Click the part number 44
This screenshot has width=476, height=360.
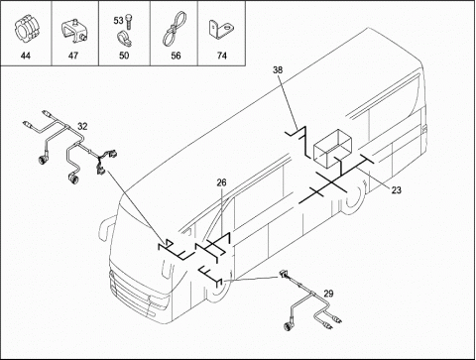pos(26,56)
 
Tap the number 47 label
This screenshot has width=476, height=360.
pos(73,56)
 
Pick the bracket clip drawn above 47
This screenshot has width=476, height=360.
pos(74,31)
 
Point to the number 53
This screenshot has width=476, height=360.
pos(118,21)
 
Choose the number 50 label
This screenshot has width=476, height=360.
pos(124,56)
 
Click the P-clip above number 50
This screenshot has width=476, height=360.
pos(125,38)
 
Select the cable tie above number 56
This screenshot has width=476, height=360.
pos(173,29)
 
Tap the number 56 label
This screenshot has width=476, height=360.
pos(176,56)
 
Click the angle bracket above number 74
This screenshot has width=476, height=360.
pos(221,30)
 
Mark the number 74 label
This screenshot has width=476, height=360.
pos(222,56)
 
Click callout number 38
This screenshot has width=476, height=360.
pos(278,69)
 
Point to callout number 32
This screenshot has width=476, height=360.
pos(82,126)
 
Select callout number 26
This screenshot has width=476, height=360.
pos(222,182)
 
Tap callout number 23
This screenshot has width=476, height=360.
pos(396,190)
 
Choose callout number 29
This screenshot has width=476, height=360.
pos(328,294)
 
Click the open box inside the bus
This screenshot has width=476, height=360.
pos(333,148)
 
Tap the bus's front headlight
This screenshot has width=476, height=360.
pos(160,301)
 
